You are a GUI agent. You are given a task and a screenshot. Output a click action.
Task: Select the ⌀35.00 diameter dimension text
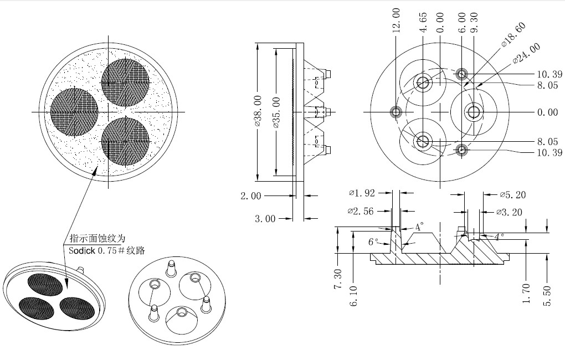[276, 112]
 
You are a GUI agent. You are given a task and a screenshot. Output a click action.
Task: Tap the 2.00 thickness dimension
[251, 196]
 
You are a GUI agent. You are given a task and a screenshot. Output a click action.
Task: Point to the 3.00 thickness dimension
[265, 219]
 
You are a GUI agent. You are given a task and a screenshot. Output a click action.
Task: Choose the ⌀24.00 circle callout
[526, 53]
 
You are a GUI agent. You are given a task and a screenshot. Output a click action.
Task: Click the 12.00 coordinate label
[396, 20]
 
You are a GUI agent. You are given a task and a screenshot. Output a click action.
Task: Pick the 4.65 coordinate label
[423, 22]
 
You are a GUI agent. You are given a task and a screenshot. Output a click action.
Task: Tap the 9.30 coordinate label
[474, 22]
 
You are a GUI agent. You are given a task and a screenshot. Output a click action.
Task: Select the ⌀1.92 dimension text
[362, 193]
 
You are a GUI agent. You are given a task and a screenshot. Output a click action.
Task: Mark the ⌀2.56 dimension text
[361, 211]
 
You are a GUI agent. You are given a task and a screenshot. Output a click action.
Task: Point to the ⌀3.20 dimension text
[509, 212]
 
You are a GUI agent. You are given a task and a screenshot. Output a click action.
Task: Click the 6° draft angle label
[373, 242]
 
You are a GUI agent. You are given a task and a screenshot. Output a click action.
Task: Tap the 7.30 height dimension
[338, 279]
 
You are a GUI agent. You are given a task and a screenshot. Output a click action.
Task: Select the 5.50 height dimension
[547, 296]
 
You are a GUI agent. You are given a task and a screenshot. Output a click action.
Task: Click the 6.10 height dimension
[353, 296]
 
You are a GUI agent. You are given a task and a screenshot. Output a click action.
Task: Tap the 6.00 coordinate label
[462, 22]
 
